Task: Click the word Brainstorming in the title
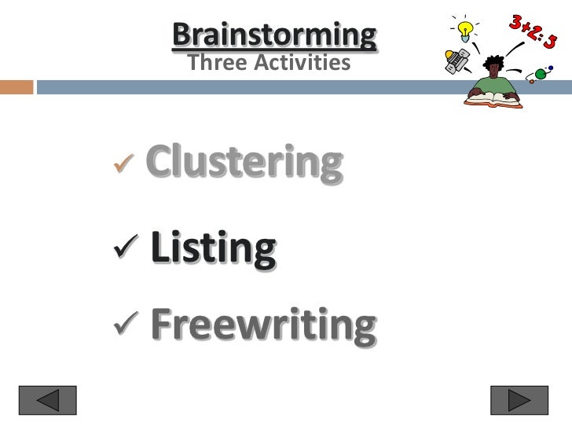(x=273, y=35)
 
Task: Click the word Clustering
(x=244, y=163)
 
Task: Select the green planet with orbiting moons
(x=541, y=75)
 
